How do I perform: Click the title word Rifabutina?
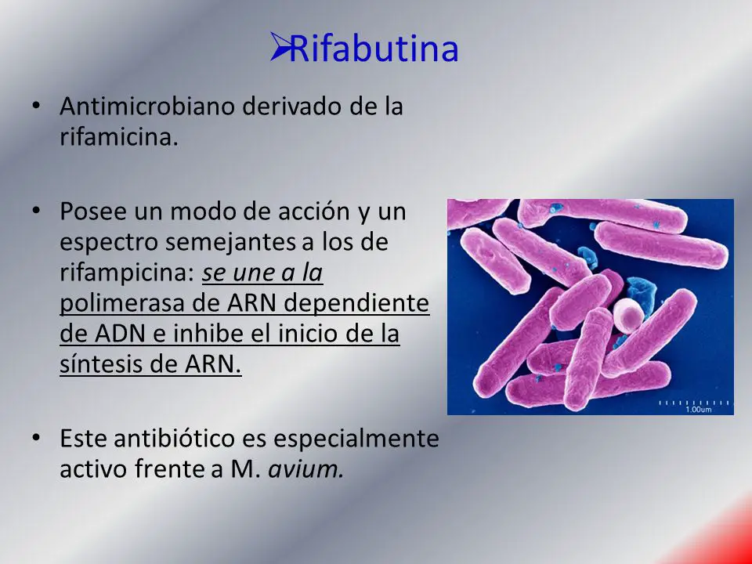pyautogui.click(x=374, y=49)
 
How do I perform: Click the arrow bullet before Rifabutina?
pyautogui.click(x=279, y=46)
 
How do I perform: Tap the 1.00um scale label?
pyautogui.click(x=699, y=409)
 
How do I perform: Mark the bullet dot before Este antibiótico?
pyautogui.click(x=35, y=437)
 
